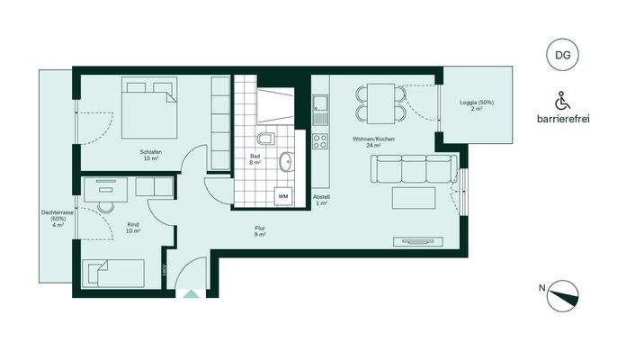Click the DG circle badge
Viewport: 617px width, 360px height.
pyautogui.click(x=561, y=56)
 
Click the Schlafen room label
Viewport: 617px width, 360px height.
pyautogui.click(x=150, y=152)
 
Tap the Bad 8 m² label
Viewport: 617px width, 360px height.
pyautogui.click(x=255, y=159)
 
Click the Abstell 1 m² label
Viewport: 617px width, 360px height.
pyautogui.click(x=321, y=200)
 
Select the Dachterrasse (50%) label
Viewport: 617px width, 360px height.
pyautogui.click(x=58, y=218)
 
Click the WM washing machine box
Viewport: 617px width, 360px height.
pyautogui.click(x=282, y=195)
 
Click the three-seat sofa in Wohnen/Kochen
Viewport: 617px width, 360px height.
pyautogui.click(x=413, y=168)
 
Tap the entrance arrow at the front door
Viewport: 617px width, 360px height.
pyautogui.click(x=191, y=292)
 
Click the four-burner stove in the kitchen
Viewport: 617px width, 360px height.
pyautogui.click(x=320, y=140)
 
